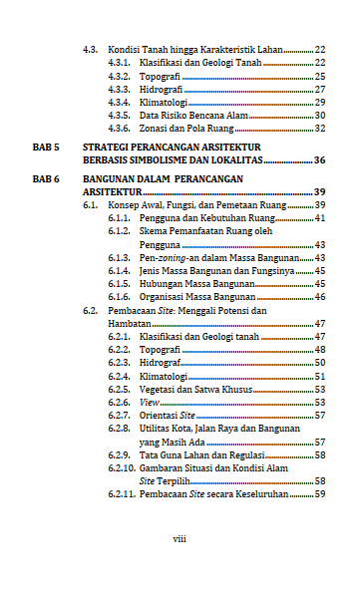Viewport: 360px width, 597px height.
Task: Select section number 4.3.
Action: [91, 49]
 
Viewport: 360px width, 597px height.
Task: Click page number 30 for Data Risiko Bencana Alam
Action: [320, 116]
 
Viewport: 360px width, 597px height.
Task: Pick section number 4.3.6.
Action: [120, 129]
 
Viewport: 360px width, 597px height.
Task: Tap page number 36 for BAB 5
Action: [320, 159]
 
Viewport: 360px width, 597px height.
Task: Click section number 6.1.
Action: [91, 204]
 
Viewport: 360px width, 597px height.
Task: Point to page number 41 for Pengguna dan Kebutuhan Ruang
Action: [320, 217]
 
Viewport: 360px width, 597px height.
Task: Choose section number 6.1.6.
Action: [120, 296]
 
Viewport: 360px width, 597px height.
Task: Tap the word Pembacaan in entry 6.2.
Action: [132, 310]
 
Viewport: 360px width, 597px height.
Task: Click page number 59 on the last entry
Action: [320, 493]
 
